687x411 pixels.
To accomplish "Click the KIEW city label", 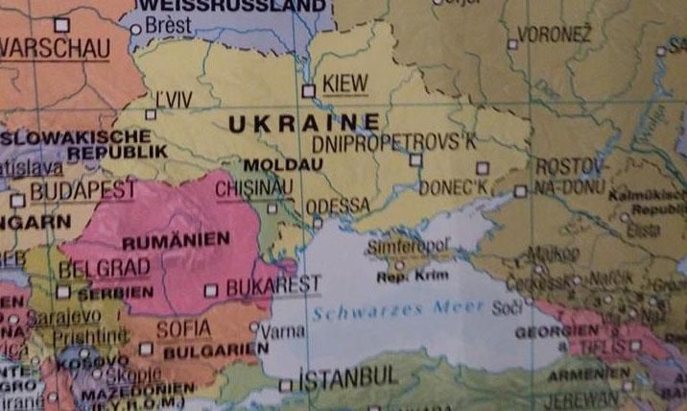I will [x=346, y=84].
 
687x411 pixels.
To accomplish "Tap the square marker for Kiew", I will [x=308, y=91].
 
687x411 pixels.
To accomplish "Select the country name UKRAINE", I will [x=303, y=123].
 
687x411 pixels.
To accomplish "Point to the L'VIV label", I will [x=176, y=100].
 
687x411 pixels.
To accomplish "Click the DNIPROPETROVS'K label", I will [x=394, y=143].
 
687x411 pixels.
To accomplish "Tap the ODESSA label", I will [x=337, y=205].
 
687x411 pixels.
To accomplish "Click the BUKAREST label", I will [x=272, y=286].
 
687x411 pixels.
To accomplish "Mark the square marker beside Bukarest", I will [x=211, y=289].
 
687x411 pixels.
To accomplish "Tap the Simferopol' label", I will [x=408, y=248].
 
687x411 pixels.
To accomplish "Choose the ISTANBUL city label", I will [x=347, y=377].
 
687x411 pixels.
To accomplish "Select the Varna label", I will [x=283, y=331].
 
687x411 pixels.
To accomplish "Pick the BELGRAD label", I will [x=104, y=268].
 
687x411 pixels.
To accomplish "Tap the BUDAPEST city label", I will [x=83, y=191].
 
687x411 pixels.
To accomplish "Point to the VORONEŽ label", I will [x=554, y=36].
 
